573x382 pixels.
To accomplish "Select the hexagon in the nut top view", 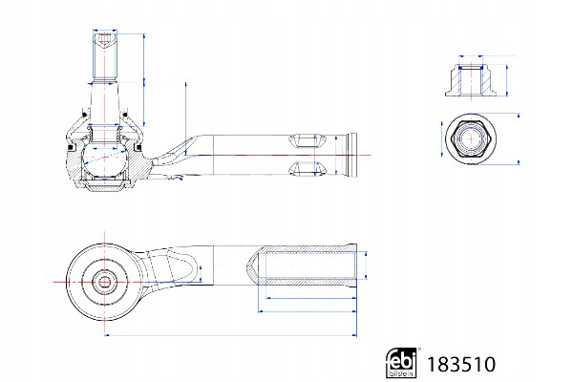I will pos(470,141).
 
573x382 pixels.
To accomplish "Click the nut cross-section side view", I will pos(470,75).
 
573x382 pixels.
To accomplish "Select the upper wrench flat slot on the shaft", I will pos(307,138).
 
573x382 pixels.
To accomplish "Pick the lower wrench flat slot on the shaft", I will pos(307,170).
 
